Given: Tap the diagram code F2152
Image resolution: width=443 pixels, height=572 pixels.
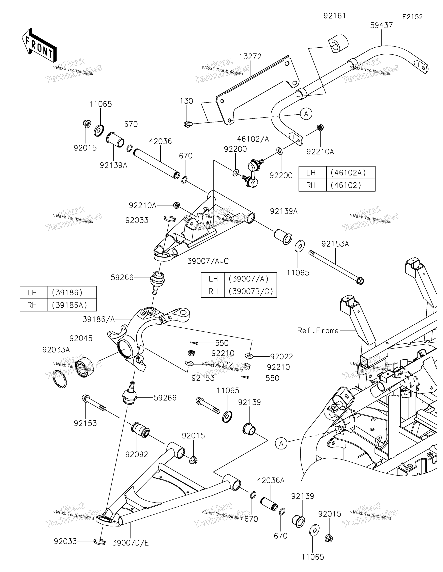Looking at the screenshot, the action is coord(413,17).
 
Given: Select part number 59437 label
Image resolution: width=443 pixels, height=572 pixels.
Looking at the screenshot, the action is coord(381,25).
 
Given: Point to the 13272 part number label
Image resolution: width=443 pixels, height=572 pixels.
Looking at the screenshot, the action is coord(250,57).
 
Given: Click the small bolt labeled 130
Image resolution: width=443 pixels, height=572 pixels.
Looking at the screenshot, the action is coord(187,124).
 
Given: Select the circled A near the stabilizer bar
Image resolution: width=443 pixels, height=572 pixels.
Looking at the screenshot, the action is coord(306,114).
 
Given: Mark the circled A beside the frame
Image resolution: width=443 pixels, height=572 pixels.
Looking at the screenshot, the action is coord(281,443).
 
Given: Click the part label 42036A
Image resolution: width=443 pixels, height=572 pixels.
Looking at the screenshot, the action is coord(271,480).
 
